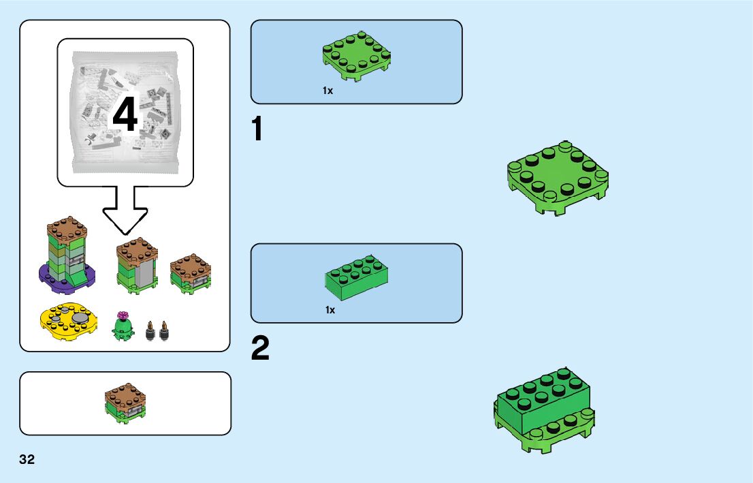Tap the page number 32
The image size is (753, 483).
[x=27, y=459]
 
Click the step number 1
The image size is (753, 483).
[x=257, y=130]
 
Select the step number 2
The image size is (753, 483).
[x=260, y=349]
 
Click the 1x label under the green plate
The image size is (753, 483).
[x=328, y=91]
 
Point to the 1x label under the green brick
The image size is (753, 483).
[x=330, y=310]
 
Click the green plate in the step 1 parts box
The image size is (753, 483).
[x=356, y=55]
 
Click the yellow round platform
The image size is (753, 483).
[x=67, y=322]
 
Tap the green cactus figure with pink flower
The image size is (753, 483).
[x=123, y=328]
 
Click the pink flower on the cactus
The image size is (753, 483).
[x=123, y=315]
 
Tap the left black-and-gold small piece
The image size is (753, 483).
[x=150, y=332]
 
